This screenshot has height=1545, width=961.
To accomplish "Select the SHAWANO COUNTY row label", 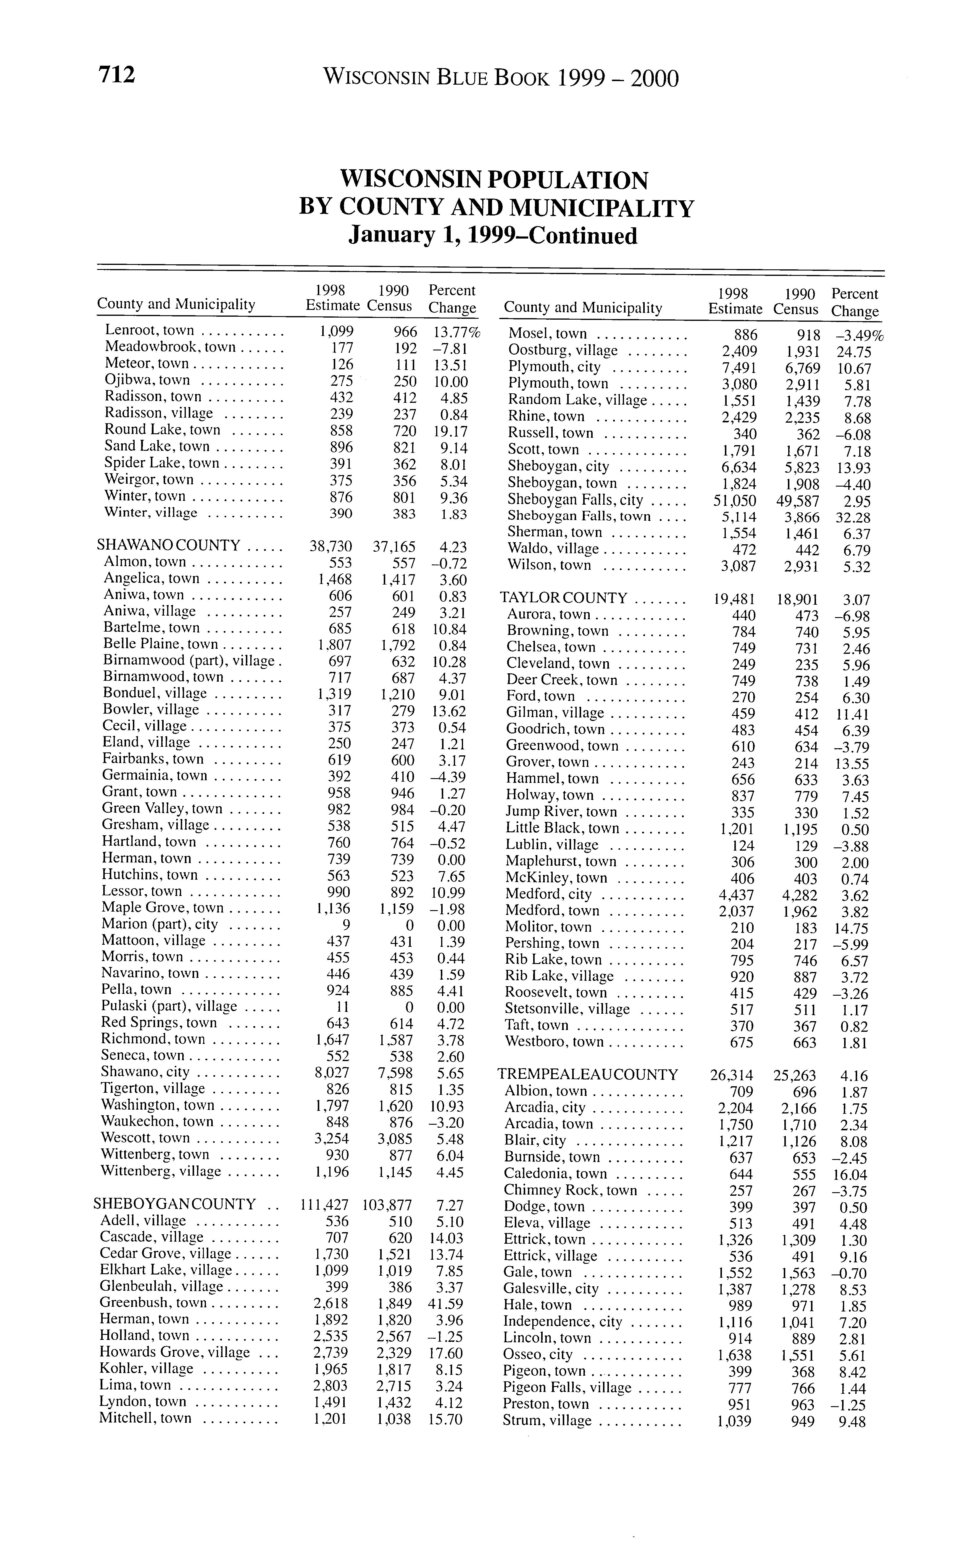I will [x=168, y=545].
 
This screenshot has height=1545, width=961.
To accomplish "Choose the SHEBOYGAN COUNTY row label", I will [x=175, y=1204].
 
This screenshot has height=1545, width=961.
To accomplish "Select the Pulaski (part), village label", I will [x=169, y=1007].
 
